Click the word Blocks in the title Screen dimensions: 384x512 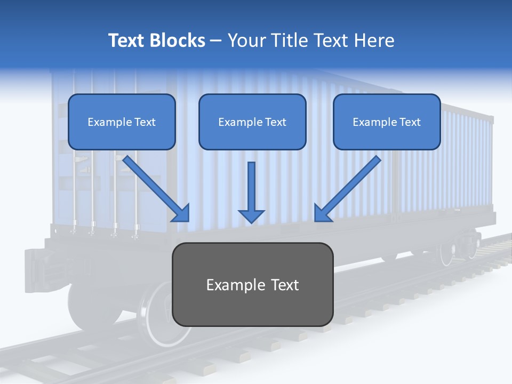pos(178,41)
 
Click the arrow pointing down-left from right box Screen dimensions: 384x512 pos(348,188)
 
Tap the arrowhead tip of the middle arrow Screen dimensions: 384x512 pos(251,220)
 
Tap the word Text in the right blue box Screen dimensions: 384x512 pos(410,122)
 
